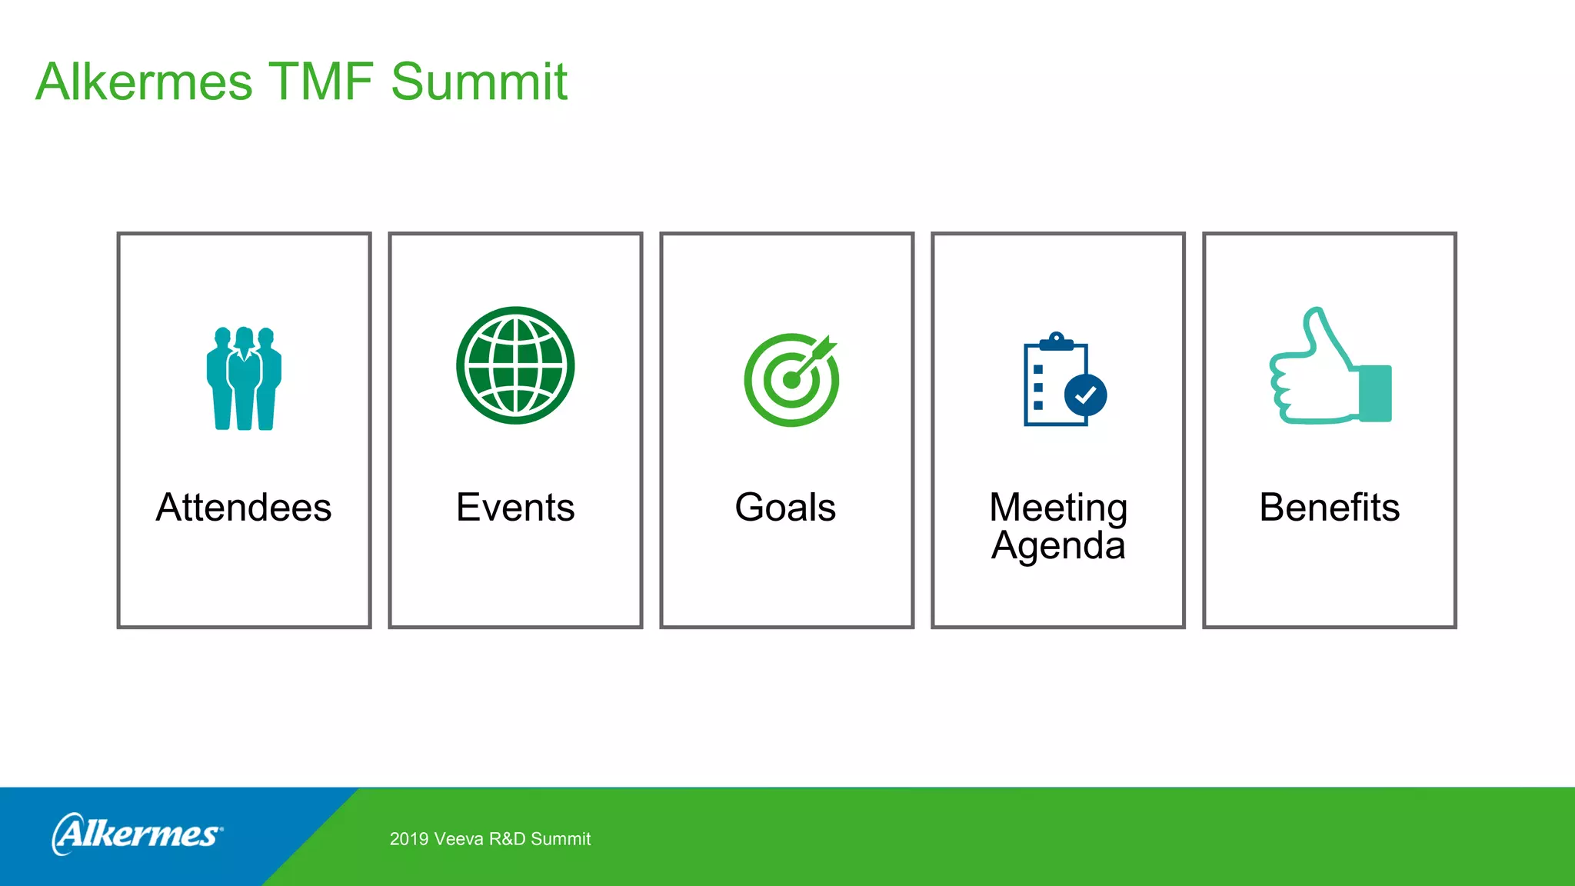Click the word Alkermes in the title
[144, 82]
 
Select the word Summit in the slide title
[478, 82]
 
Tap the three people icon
[244, 378]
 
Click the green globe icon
[515, 365]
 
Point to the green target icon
[791, 380]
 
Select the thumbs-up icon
[1329, 367]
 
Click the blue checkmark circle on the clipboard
[1085, 395]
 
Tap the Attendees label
[244, 508]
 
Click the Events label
[515, 508]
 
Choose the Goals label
[785, 508]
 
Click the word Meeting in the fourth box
[1058, 508]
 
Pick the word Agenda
[1058, 546]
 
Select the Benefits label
[1329, 508]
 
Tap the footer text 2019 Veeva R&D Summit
[490, 839]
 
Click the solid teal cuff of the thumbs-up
[1376, 393]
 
